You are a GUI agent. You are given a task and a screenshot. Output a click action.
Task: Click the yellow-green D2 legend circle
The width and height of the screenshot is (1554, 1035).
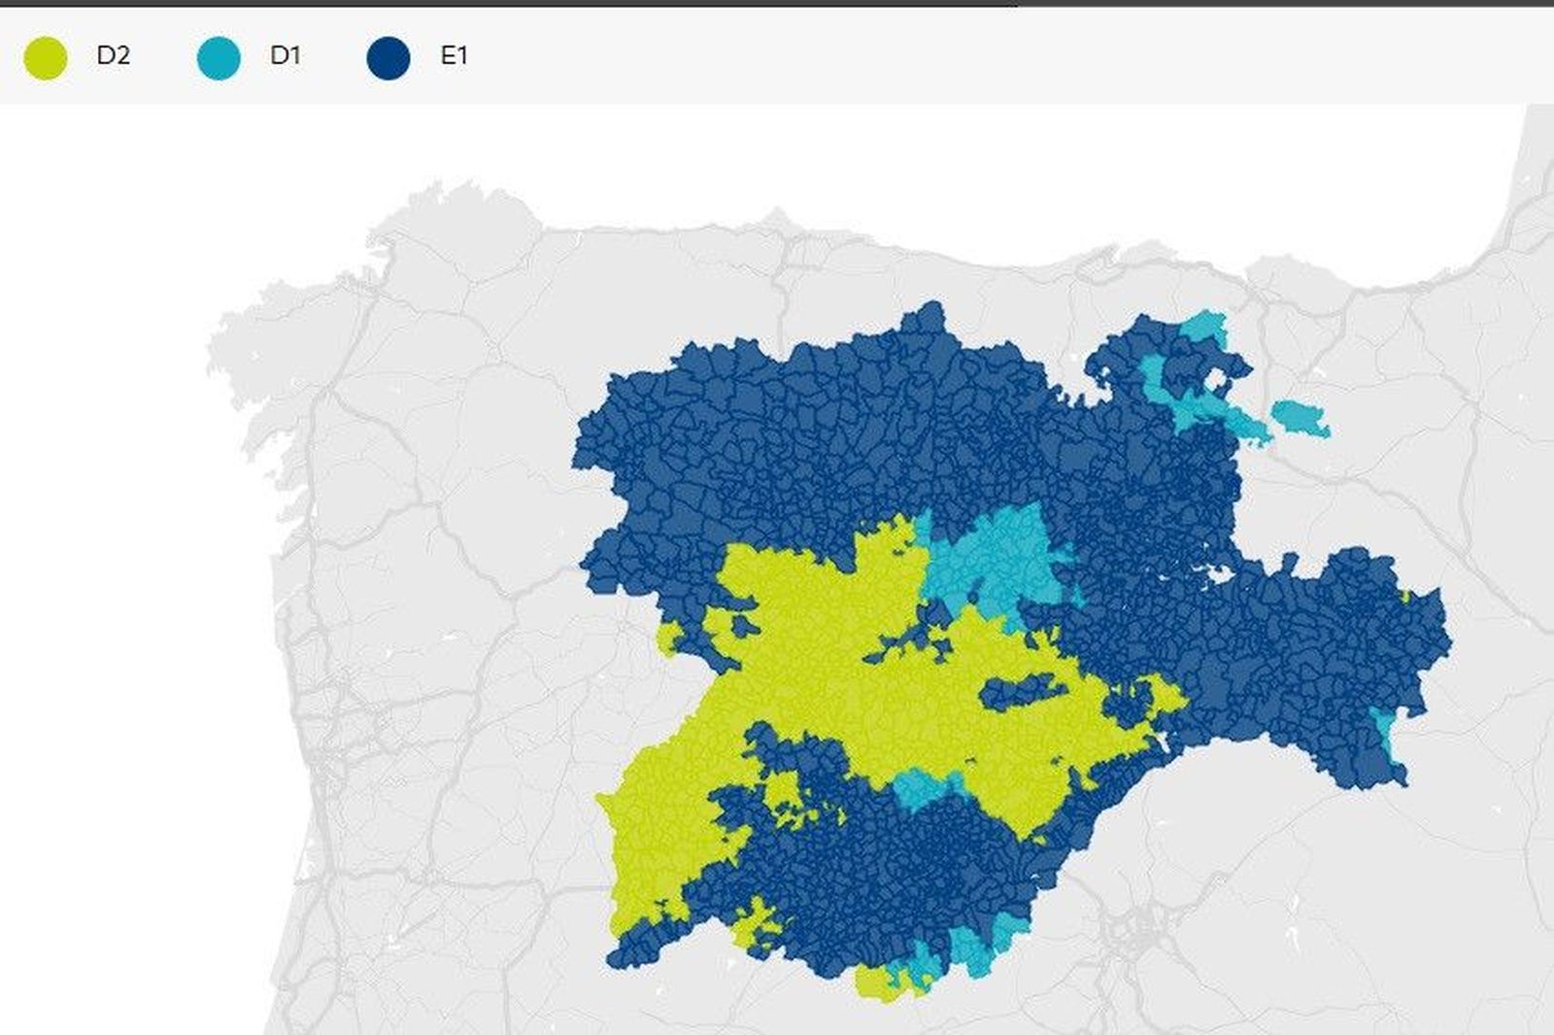tap(45, 57)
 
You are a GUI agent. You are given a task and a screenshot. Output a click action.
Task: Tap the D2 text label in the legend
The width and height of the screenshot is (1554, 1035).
tap(113, 55)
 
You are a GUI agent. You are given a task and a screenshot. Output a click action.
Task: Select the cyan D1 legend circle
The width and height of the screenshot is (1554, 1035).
tap(218, 57)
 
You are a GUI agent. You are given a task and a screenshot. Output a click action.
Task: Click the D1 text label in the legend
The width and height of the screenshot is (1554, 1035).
tap(285, 55)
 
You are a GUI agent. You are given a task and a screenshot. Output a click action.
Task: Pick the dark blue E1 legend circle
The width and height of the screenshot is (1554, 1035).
tap(388, 57)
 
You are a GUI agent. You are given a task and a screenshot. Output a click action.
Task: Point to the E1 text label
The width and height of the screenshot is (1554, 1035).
tap(454, 55)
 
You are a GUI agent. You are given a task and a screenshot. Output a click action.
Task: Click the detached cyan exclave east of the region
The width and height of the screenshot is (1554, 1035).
tap(1300, 418)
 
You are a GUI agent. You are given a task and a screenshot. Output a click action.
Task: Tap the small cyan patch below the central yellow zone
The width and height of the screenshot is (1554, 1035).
tap(918, 787)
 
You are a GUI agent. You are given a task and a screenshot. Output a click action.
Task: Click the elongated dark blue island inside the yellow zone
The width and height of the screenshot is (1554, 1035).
tap(1020, 692)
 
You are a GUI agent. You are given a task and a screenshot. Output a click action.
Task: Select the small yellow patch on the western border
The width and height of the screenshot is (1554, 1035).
tap(668, 638)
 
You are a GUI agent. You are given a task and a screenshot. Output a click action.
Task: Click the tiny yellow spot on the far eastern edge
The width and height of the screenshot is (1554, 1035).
tap(1404, 596)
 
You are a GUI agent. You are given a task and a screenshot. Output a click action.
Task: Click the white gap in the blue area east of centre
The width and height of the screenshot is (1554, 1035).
tap(1218, 575)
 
